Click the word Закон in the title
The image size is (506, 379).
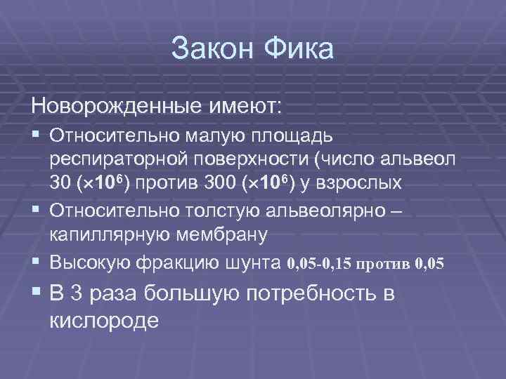[212, 51]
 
